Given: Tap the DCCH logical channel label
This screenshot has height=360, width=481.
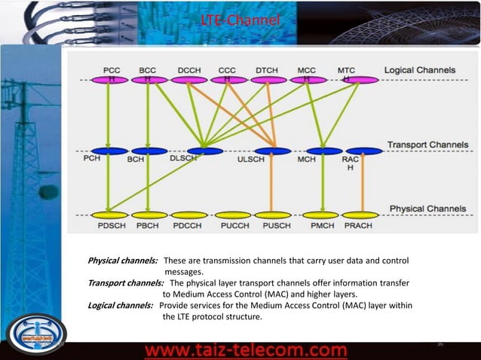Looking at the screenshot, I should pyautogui.click(x=189, y=70).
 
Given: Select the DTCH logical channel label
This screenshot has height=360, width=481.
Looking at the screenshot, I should pyautogui.click(x=267, y=70).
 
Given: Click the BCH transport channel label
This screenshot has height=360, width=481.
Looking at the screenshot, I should pyautogui.click(x=136, y=160).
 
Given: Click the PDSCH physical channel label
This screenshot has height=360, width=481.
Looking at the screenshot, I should pyautogui.click(x=110, y=224).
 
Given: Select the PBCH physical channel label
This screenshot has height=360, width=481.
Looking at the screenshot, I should pyautogui.click(x=149, y=224).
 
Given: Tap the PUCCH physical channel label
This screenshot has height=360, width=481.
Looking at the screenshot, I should pyautogui.click(x=235, y=224).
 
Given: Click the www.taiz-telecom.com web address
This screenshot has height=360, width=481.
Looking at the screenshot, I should pyautogui.click(x=246, y=351).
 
